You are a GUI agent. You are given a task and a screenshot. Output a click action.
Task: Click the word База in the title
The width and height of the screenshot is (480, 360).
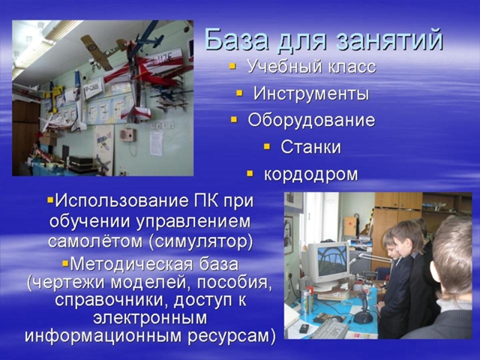click(x=237, y=40)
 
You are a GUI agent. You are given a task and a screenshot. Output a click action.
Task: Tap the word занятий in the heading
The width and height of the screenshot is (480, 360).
click(x=389, y=40)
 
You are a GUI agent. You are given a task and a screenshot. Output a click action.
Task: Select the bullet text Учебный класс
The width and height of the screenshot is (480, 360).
click(x=311, y=66)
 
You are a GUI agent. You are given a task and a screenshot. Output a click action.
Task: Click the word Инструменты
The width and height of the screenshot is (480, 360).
click(x=311, y=93)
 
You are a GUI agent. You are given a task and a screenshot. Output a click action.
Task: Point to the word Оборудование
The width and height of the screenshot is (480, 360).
click(x=311, y=120)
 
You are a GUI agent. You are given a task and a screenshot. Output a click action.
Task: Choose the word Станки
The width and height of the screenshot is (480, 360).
click(x=310, y=147)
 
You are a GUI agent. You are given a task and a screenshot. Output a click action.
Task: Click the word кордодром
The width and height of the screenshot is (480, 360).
click(x=310, y=175)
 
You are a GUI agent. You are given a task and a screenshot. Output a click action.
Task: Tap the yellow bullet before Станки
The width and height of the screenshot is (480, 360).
click(x=267, y=147)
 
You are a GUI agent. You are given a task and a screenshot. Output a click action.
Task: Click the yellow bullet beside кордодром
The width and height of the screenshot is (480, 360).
click(x=250, y=174)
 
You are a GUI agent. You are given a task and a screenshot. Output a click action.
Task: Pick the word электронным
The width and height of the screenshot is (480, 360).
click(x=150, y=317)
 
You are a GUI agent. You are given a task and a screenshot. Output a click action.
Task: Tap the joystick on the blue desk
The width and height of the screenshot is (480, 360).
click(x=363, y=308)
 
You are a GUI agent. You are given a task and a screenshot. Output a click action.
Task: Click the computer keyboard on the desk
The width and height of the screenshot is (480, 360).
click(x=328, y=328)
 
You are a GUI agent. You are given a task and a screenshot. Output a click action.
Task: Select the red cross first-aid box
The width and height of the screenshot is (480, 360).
click(x=350, y=226)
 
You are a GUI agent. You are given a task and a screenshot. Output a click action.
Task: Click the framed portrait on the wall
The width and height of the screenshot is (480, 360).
click(x=289, y=235)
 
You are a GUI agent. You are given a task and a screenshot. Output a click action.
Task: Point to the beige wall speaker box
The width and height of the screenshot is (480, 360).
click(x=127, y=135)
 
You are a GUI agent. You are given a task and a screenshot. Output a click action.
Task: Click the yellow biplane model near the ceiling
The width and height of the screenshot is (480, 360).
click(x=102, y=50)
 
